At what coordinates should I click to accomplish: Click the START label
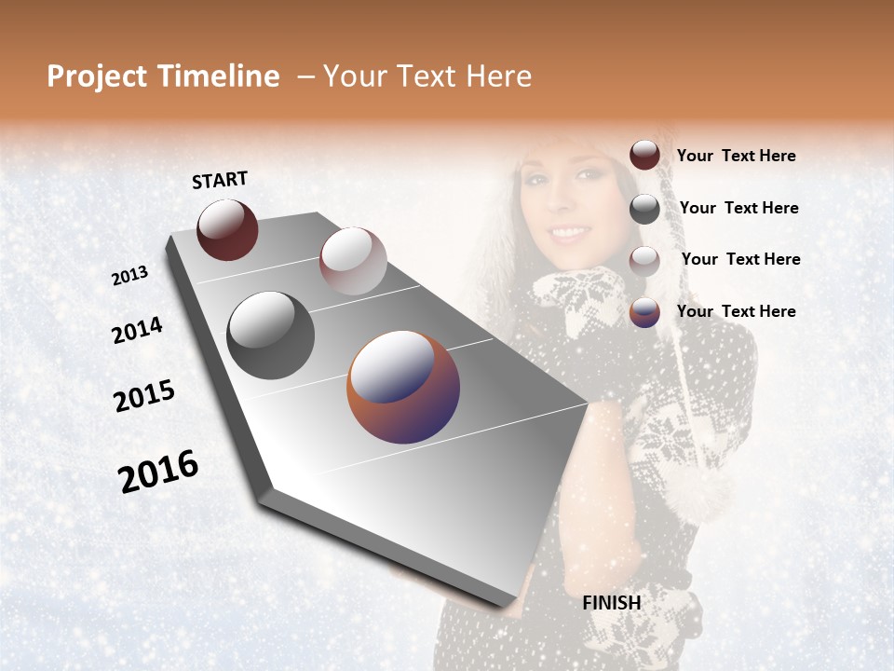tap(220, 180)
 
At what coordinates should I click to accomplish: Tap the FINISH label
tap(612, 603)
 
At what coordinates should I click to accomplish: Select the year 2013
tap(129, 276)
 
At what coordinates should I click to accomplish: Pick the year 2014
tap(137, 331)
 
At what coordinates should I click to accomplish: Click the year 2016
tap(158, 472)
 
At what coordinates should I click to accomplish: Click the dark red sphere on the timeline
tap(227, 229)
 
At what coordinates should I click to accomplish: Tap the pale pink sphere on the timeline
tap(353, 261)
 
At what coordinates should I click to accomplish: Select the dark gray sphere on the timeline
tap(271, 335)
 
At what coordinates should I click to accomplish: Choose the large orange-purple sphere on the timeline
tap(403, 387)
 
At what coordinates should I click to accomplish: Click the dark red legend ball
tap(644, 156)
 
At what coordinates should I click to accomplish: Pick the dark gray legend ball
tap(644, 209)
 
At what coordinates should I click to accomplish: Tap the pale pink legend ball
tap(644, 261)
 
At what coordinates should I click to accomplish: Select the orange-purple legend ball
tap(644, 312)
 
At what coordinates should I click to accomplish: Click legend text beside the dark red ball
tap(736, 157)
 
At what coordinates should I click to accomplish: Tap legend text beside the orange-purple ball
tap(736, 311)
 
